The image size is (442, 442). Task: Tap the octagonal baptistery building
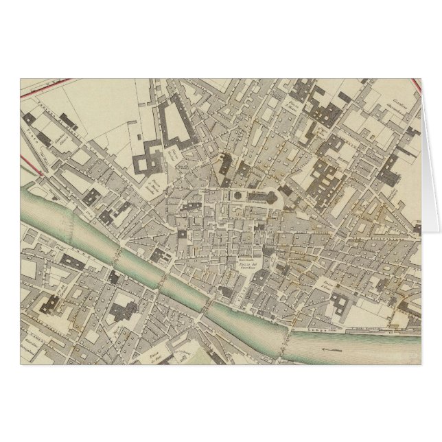[235, 196]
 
